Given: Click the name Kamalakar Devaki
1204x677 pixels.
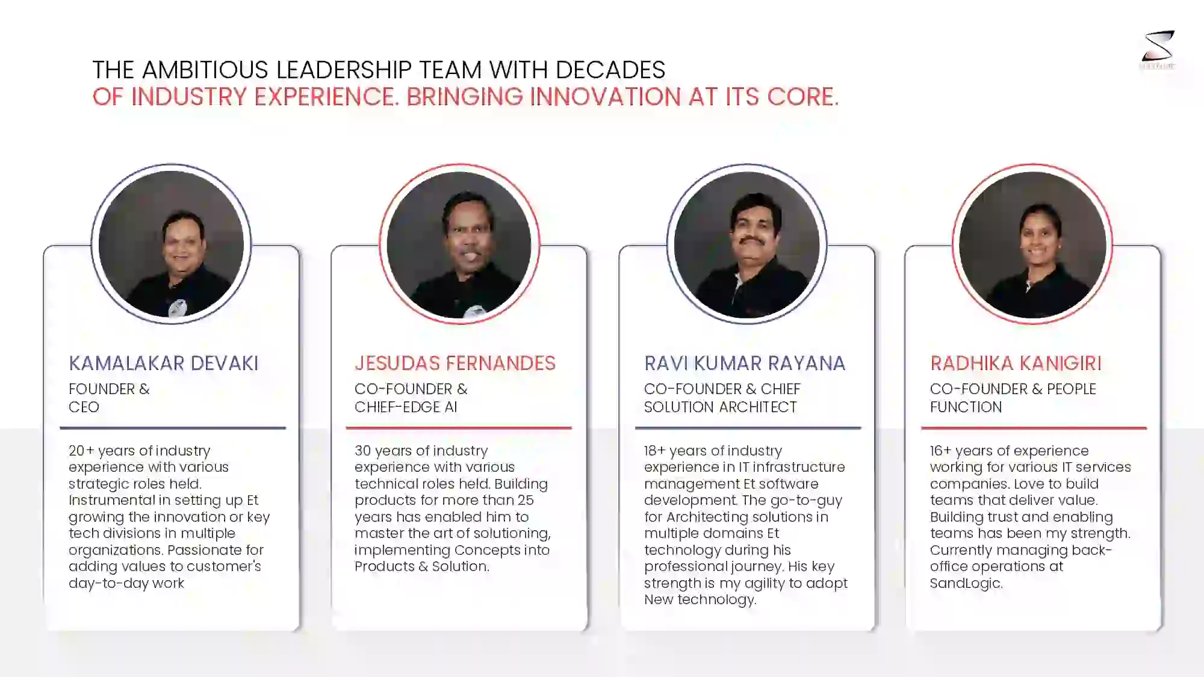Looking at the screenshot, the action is pyautogui.click(x=164, y=363).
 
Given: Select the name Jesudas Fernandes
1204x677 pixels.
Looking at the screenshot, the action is pyautogui.click(x=455, y=363).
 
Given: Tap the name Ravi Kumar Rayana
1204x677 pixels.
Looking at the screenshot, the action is pyautogui.click(x=745, y=363).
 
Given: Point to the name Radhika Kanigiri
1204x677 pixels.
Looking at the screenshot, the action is pyautogui.click(x=1016, y=363).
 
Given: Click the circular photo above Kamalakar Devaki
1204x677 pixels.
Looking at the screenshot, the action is pyautogui.click(x=172, y=244).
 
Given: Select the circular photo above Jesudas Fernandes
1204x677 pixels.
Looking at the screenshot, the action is pyautogui.click(x=459, y=244).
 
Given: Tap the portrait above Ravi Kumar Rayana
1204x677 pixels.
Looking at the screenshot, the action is pyautogui.click(x=746, y=244).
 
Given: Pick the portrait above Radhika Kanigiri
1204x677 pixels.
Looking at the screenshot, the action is pyautogui.click(x=1032, y=244).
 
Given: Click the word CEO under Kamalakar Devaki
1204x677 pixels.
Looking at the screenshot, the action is pyautogui.click(x=84, y=407).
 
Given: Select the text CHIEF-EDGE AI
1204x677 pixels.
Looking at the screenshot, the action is pyautogui.click(x=406, y=407).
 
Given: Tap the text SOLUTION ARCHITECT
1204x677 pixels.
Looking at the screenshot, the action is pyautogui.click(x=720, y=407).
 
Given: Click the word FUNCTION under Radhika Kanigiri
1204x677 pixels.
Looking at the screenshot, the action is pyautogui.click(x=966, y=407).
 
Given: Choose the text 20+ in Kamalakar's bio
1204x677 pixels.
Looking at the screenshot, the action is pyautogui.click(x=81, y=451).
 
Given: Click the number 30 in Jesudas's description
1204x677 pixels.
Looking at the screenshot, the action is pyautogui.click(x=362, y=451).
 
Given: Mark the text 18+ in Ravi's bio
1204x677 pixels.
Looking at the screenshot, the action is pyautogui.click(x=654, y=451).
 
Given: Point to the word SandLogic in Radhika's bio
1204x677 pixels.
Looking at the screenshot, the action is pyautogui.click(x=965, y=583).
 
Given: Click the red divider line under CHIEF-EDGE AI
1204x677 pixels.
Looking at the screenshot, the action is pyautogui.click(x=459, y=428).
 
